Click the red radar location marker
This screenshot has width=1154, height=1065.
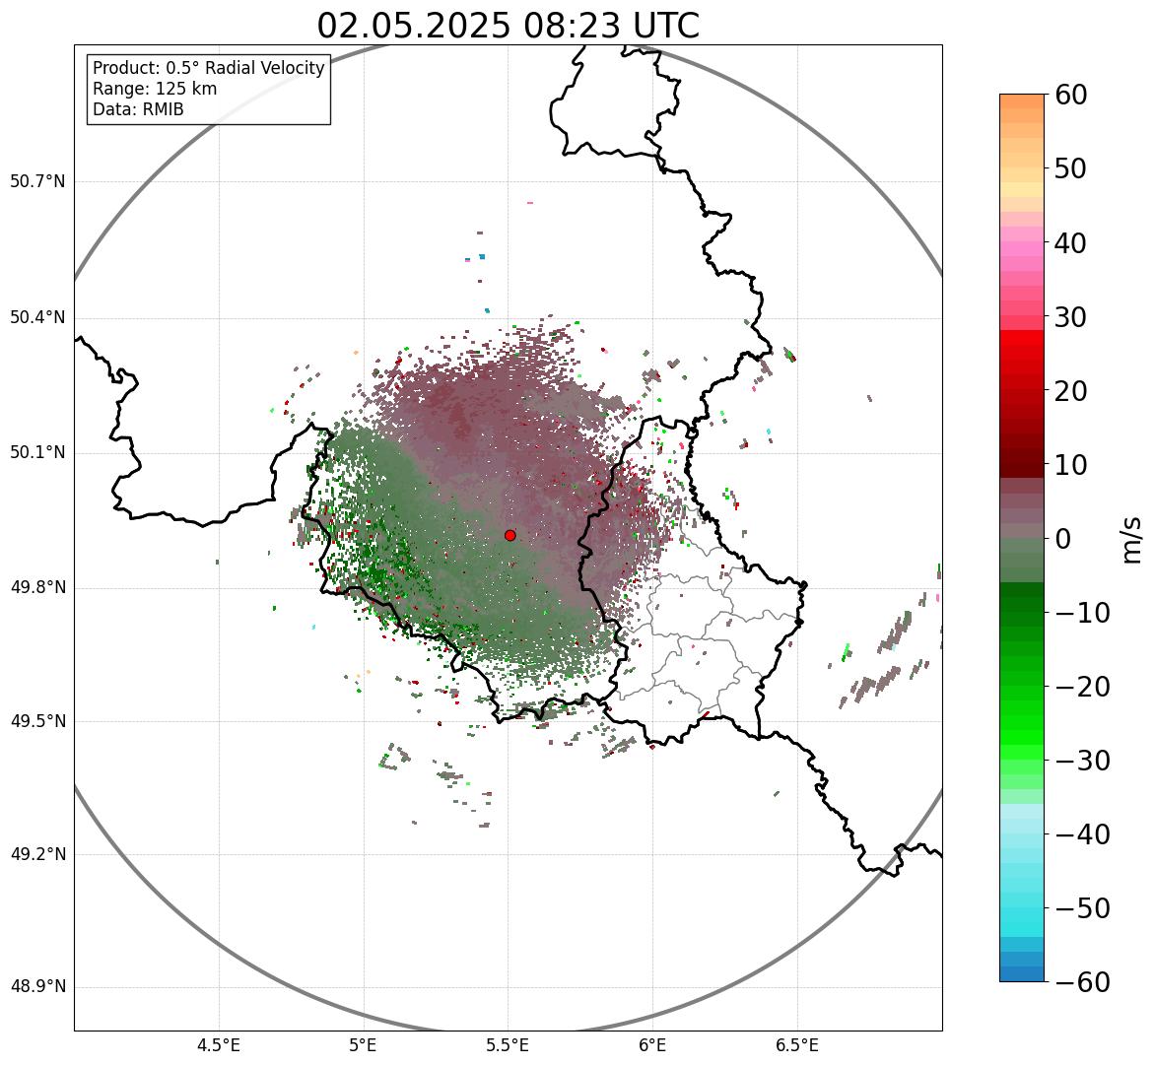[509, 535]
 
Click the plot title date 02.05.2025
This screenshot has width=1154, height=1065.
[413, 26]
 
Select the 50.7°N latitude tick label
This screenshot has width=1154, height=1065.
[37, 181]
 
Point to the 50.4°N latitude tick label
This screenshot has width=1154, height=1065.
[37, 317]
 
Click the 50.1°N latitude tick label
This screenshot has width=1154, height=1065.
[37, 453]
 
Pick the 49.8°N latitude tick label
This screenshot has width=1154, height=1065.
[37, 587]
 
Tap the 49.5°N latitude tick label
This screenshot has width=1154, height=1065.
[37, 721]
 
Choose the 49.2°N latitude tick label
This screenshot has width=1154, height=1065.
[37, 854]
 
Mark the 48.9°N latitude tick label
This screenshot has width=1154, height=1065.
[37, 987]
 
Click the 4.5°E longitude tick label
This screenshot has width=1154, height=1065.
[219, 1045]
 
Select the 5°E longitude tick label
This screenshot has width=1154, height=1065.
[364, 1045]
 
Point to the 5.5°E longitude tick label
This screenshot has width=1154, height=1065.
[508, 1045]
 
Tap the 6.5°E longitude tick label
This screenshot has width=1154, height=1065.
[796, 1045]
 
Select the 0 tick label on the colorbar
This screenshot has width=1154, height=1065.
[1063, 539]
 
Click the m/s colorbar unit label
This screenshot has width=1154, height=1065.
[1133, 539]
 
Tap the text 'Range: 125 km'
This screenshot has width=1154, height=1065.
[155, 89]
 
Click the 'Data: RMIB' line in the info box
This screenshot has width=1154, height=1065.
[138, 109]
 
